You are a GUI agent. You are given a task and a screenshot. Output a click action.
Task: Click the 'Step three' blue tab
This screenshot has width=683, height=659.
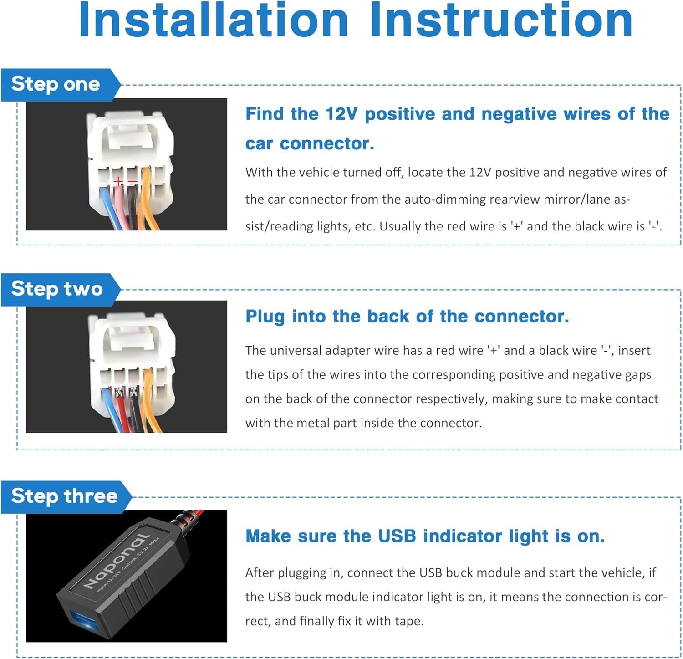(66, 497)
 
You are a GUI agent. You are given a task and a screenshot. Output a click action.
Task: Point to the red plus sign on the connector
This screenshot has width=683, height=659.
(118, 182)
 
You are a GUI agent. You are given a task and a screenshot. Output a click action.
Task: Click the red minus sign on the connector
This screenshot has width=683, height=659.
(132, 182)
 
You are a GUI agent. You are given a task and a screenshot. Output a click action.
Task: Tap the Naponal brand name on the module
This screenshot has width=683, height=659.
(117, 561)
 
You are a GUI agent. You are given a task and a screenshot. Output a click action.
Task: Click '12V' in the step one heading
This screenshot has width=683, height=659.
(341, 114)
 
